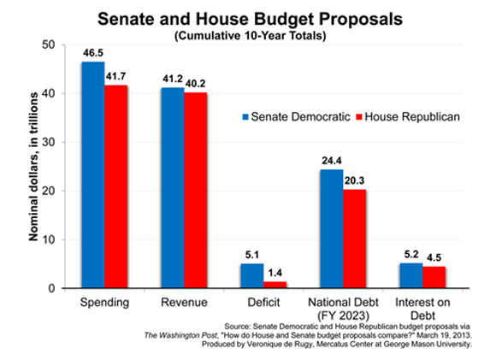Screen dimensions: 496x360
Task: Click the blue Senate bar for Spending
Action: (93, 174)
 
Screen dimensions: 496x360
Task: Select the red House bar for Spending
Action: (116, 186)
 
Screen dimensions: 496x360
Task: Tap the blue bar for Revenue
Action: (173, 187)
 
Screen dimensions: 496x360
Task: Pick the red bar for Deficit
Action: (275, 285)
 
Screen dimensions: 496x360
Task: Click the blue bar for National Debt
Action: (332, 228)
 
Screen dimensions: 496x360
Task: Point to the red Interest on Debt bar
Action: (434, 277)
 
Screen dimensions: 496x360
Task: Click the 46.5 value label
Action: (93, 53)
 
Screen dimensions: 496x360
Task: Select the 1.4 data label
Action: (275, 273)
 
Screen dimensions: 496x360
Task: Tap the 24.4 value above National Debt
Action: (332, 161)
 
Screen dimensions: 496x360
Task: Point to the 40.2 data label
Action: (195, 84)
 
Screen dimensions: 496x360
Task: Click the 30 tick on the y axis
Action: (49, 142)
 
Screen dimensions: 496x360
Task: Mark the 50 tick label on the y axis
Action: (49, 45)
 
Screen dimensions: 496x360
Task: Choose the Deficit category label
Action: (263, 303)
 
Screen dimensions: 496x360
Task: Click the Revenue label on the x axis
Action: (184, 303)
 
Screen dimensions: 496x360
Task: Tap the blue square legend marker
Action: (245, 117)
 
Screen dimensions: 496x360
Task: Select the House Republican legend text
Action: (412, 117)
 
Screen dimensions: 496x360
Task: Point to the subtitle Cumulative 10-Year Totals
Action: (251, 35)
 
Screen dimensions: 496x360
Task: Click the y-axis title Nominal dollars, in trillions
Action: (33, 167)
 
